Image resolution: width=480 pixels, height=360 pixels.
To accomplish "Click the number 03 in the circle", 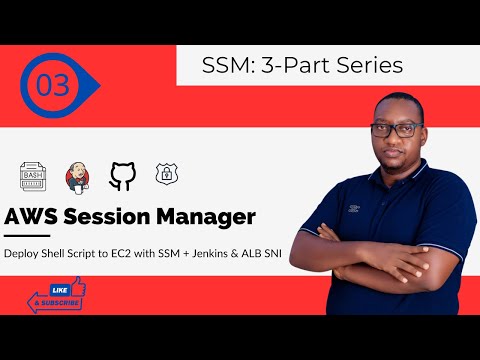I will click(x=53, y=86).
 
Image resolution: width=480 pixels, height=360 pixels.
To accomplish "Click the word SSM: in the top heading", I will click(x=227, y=66).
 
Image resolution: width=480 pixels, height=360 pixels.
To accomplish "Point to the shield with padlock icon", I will click(x=165, y=176).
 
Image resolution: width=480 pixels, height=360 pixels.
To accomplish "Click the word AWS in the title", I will click(x=36, y=217).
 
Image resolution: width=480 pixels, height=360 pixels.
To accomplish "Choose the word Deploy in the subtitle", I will click(x=24, y=254).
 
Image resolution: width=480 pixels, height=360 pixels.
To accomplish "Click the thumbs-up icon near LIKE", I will click(x=76, y=290).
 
